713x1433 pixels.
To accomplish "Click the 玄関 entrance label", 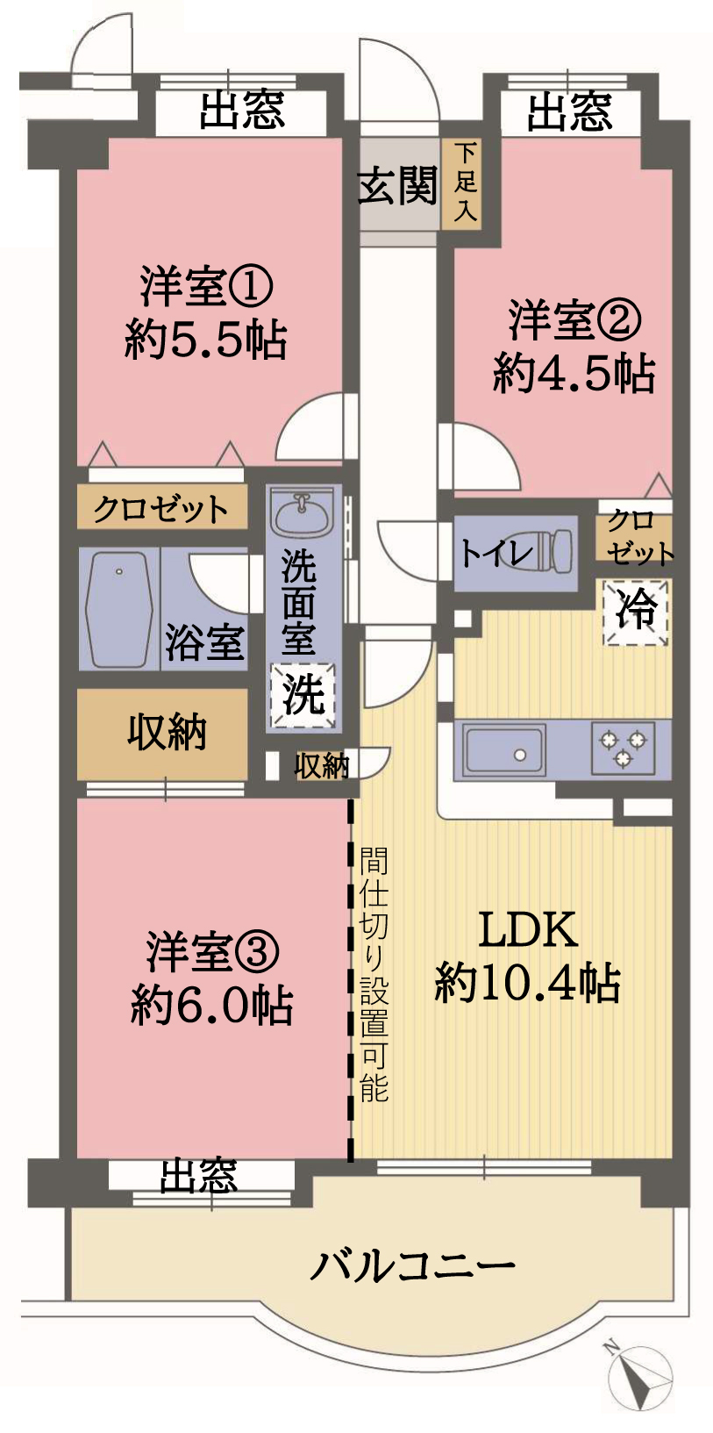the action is [397, 185].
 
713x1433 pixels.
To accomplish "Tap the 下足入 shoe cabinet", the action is [461, 183].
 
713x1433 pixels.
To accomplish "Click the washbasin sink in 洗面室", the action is [301, 512].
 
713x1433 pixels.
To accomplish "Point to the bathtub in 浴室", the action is [119, 610].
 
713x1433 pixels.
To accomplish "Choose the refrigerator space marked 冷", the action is [636, 612].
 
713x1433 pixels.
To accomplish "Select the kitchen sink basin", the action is [504, 749].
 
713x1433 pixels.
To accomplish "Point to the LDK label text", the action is [528, 929].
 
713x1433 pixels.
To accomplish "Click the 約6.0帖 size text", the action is [211, 1005].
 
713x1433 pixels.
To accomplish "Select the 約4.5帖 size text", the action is [574, 373].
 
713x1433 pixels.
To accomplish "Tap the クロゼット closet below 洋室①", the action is [161, 507].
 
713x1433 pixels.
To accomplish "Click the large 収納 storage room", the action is [162, 734].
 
